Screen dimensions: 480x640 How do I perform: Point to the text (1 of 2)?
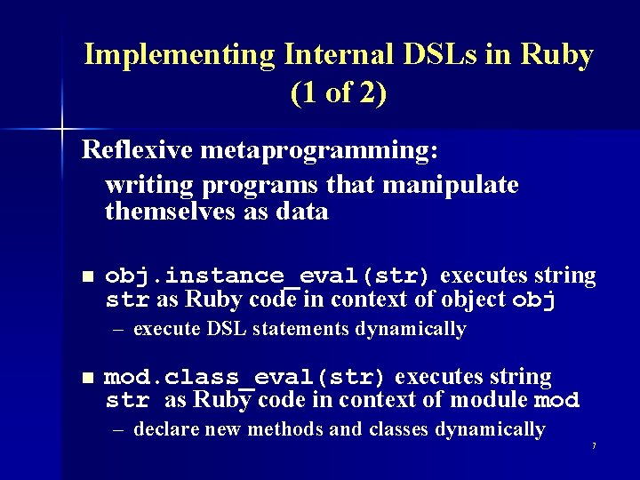(338, 92)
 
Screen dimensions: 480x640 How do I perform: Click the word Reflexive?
(138, 150)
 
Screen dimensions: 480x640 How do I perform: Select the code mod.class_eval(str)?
(245, 377)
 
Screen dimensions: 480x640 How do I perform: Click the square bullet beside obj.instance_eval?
(86, 276)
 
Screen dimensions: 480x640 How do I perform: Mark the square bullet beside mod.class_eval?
(86, 378)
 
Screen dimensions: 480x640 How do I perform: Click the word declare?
(166, 430)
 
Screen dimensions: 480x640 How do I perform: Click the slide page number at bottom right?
(593, 444)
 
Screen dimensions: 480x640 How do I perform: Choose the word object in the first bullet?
(460, 300)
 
